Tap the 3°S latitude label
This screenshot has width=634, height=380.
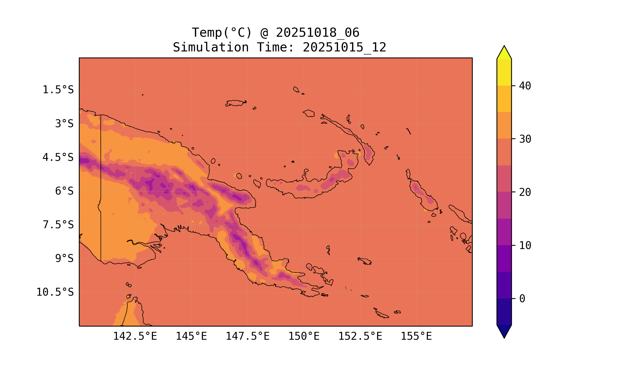(x=64, y=124)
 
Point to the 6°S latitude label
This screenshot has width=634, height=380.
(x=64, y=191)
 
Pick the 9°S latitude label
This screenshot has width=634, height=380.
(x=64, y=258)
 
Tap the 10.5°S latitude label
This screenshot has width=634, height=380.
(x=55, y=292)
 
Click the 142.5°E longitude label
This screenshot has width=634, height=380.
(x=135, y=336)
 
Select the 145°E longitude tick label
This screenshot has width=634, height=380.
(x=191, y=336)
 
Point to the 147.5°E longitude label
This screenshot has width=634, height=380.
(x=248, y=336)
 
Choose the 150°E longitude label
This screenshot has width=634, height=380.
(x=304, y=336)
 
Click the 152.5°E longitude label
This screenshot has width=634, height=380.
(x=360, y=336)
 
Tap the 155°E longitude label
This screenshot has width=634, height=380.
(x=416, y=336)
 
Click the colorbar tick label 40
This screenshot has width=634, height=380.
(x=525, y=86)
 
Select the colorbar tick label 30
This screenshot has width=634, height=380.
(x=525, y=139)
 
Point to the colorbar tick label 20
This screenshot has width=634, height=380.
(x=525, y=192)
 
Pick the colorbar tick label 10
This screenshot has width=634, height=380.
(x=525, y=245)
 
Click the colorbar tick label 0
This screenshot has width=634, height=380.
(x=522, y=299)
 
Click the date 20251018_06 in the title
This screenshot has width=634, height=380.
(x=318, y=33)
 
